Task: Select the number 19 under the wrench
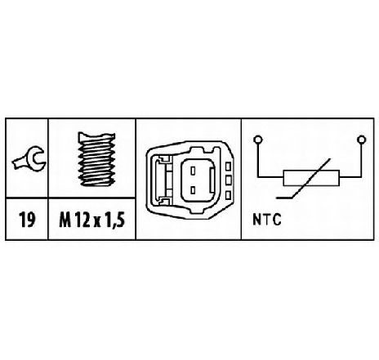[x=27, y=220]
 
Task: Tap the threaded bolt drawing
[x=96, y=159]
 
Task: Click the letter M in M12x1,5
[x=65, y=220]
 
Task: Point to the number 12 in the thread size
[x=82, y=220]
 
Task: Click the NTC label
[x=266, y=220]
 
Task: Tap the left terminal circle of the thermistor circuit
[x=257, y=140]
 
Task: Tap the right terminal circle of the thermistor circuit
[x=361, y=140]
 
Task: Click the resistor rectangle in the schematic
[x=311, y=178]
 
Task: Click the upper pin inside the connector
[x=193, y=171]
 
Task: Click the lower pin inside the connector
[x=193, y=190]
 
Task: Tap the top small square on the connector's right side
[x=228, y=166]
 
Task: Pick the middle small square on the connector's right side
[x=228, y=180]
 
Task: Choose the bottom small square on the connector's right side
[x=228, y=195]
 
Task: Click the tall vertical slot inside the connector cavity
[x=212, y=180]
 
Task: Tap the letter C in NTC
[x=277, y=220]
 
